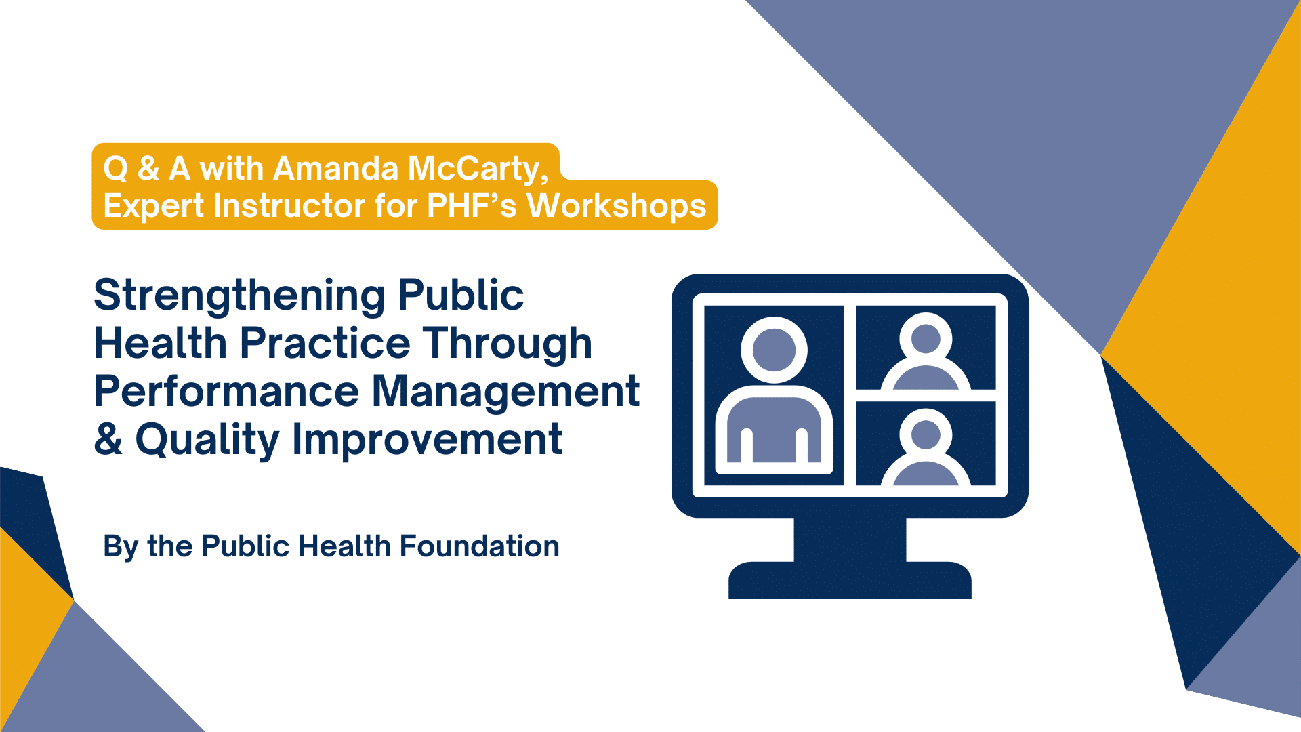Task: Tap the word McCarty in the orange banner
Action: (x=478, y=169)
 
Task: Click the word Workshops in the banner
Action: (x=617, y=206)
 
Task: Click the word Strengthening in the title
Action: (x=241, y=297)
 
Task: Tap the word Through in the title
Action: (x=508, y=344)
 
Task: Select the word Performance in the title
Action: (x=226, y=392)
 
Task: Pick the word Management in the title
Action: (x=506, y=392)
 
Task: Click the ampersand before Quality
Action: (x=108, y=439)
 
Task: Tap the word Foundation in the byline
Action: (x=479, y=546)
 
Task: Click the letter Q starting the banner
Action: (x=115, y=169)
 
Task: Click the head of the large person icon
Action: (x=774, y=350)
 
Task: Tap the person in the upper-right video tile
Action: (x=926, y=352)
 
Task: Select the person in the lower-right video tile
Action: (x=926, y=447)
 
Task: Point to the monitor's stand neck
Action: (x=850, y=540)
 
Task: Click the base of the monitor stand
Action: (x=850, y=580)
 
